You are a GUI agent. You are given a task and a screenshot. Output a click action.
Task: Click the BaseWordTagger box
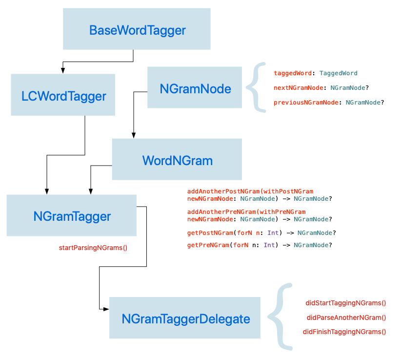point(137,29)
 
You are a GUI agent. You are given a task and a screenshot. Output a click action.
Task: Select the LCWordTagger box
point(63,95)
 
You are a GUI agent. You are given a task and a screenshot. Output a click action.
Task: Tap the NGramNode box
point(195,87)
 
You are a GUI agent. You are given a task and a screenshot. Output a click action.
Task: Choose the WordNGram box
point(177,159)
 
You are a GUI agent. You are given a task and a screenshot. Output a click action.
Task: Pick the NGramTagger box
point(72,215)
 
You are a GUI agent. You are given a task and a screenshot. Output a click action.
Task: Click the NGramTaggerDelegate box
point(185,318)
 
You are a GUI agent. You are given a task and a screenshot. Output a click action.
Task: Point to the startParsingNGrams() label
point(93,248)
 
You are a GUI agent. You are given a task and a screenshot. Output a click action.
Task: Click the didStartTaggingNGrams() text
point(345,303)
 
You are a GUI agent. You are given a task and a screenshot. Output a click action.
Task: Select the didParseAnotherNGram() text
point(346,318)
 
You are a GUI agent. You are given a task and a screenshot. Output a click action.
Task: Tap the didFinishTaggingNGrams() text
point(344,332)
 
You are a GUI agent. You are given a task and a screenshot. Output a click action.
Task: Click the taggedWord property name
point(293,73)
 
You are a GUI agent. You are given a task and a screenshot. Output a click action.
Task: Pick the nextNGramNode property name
point(299,88)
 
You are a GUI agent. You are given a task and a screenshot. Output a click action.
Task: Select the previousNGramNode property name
point(306,103)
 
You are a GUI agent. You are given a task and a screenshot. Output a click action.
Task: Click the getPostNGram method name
point(210,233)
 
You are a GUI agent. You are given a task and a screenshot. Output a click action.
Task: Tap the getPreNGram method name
point(208,245)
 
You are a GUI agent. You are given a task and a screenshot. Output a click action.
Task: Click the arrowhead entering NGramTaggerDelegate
point(106,309)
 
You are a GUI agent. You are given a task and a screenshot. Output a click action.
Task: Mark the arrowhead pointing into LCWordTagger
point(63,71)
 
